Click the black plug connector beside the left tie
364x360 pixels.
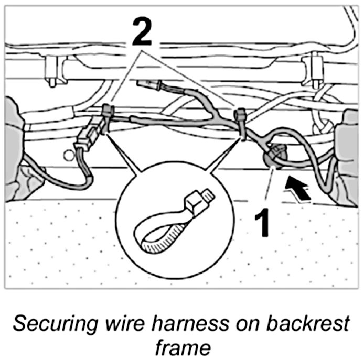coord(88,136)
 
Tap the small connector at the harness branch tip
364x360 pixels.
coord(144,84)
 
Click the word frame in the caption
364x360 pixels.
coord(181,345)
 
